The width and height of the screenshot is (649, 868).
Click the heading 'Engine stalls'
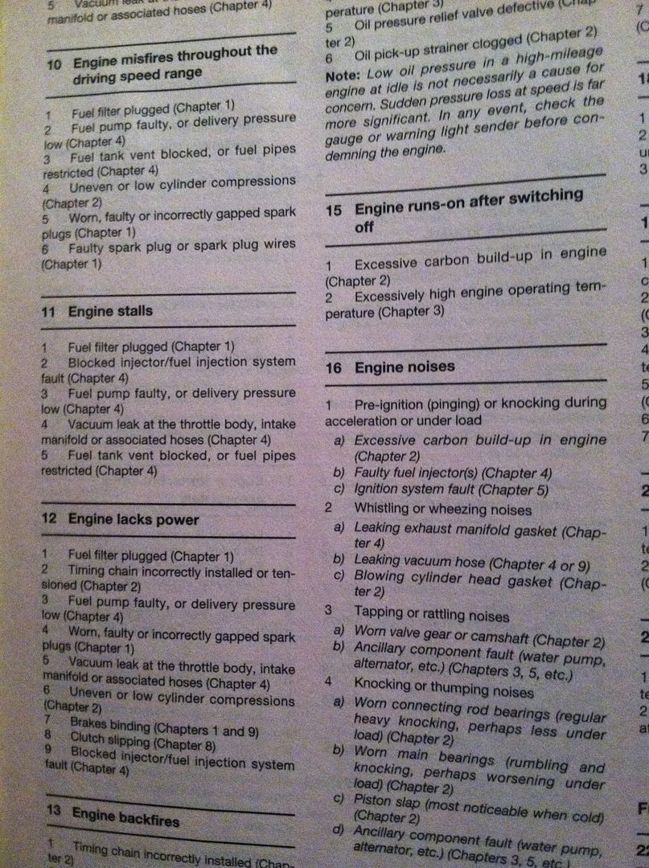click(x=110, y=310)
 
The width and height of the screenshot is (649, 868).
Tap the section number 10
click(x=54, y=62)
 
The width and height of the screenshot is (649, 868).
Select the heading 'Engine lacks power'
click(x=133, y=519)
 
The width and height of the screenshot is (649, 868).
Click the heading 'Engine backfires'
click(x=125, y=818)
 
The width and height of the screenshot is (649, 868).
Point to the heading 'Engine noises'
click(x=405, y=366)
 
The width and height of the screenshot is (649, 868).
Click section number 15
click(x=335, y=211)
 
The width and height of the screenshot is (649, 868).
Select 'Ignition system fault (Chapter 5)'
click(x=451, y=489)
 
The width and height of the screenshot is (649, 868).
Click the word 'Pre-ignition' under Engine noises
click(x=389, y=403)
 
